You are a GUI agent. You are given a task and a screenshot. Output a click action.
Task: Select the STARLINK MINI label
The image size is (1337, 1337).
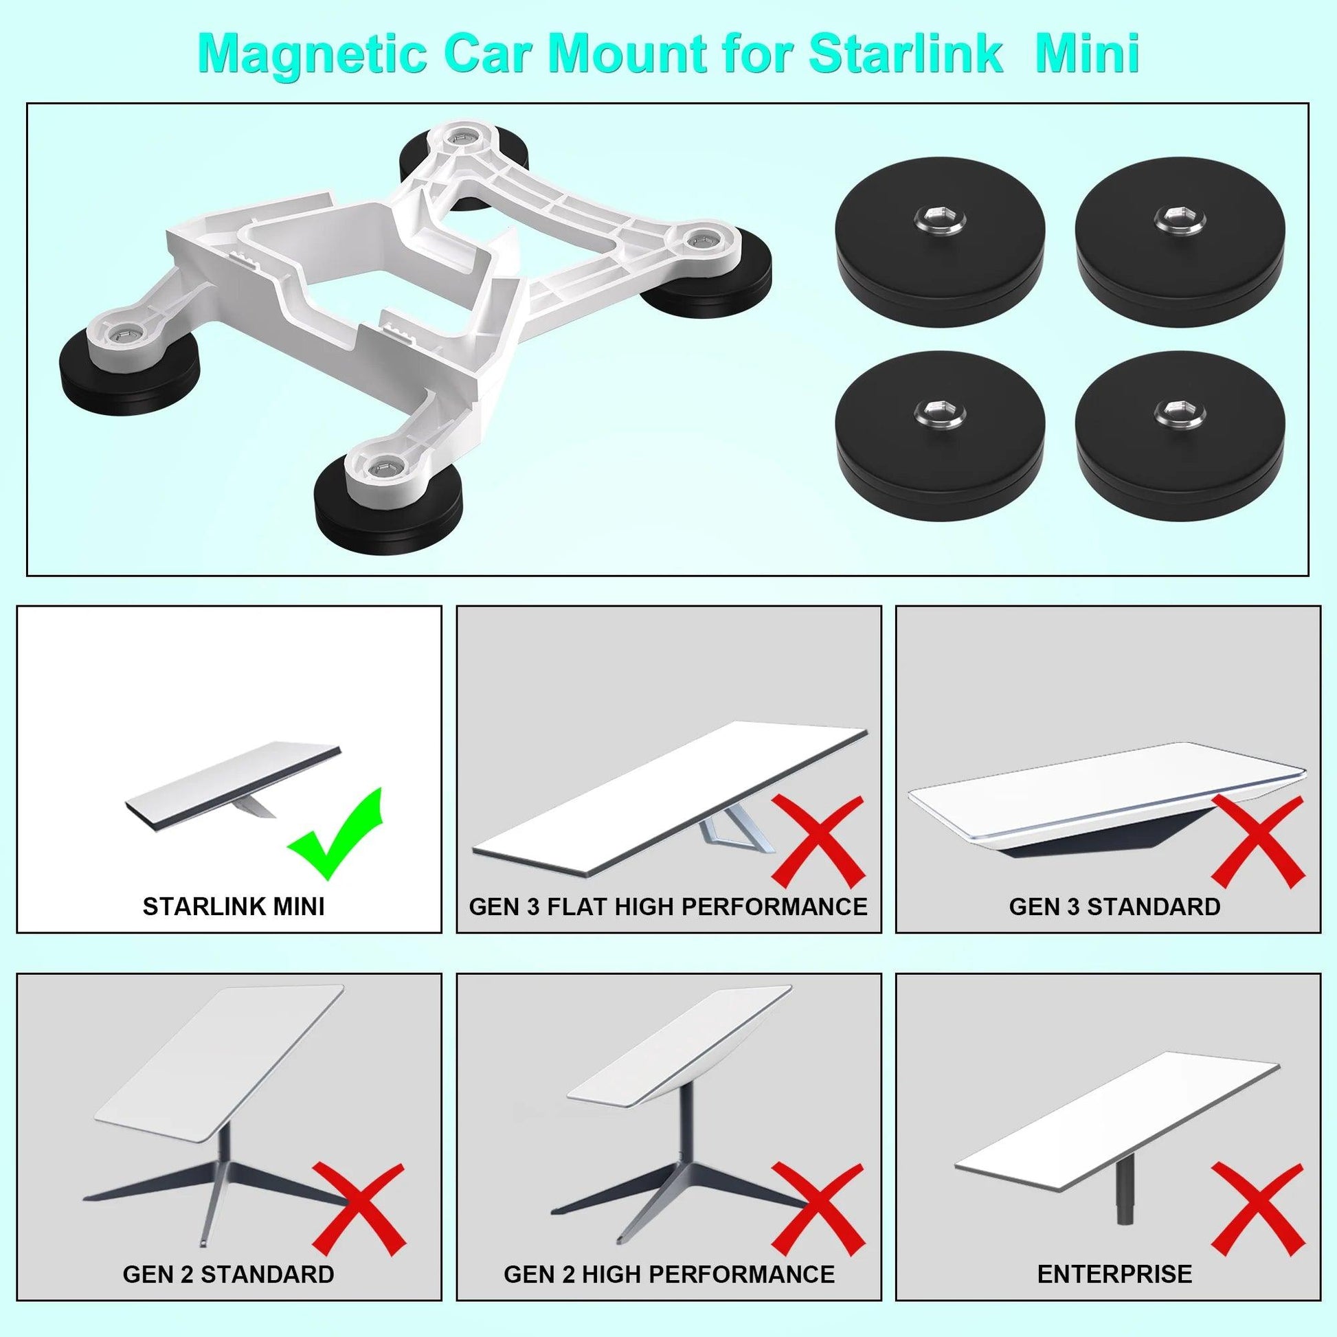233,906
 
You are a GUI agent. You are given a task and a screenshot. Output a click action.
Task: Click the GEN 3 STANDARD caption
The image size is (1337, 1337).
1114,906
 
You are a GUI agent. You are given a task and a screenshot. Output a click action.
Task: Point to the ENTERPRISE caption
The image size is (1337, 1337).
1114,1273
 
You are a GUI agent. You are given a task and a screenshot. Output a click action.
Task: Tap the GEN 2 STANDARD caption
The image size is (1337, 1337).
228,1273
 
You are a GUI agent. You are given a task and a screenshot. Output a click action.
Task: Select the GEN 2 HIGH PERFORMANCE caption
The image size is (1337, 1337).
668,1273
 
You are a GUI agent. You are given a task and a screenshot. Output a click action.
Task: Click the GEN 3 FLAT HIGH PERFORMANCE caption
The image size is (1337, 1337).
668,906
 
